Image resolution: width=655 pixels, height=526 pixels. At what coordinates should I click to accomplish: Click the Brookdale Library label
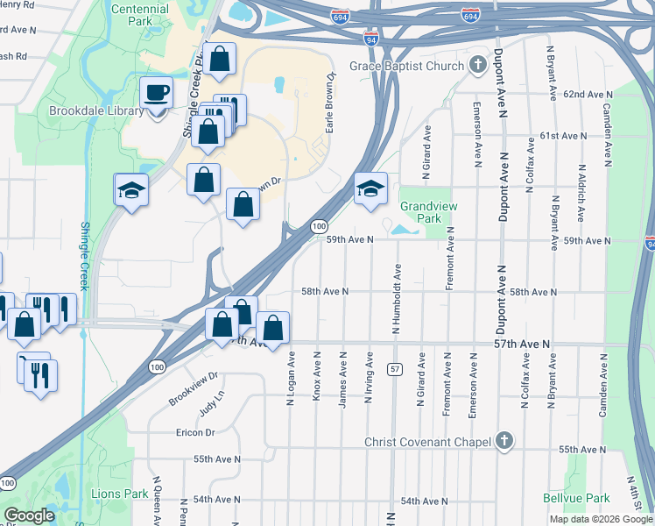(x=96, y=112)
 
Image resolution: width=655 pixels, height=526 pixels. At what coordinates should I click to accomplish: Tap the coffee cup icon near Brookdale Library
(x=158, y=92)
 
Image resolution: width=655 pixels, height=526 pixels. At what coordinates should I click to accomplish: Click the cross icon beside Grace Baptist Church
(x=477, y=65)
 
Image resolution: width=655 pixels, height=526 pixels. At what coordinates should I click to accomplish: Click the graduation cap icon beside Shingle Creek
(x=130, y=189)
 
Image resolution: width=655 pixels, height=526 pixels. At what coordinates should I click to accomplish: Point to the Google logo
(x=29, y=515)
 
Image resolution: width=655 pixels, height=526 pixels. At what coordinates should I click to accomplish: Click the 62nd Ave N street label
(x=586, y=94)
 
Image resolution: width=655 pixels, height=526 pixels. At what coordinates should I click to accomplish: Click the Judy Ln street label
(x=211, y=407)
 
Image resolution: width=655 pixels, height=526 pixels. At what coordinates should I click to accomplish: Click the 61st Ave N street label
(x=562, y=137)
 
